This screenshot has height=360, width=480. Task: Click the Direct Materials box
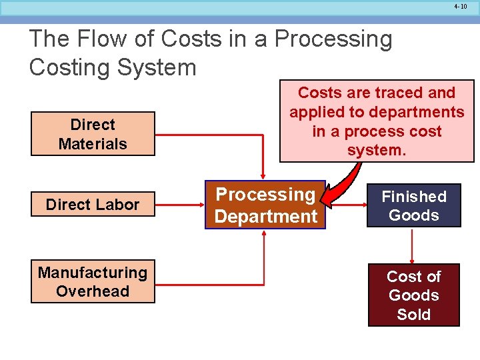pos(93,133)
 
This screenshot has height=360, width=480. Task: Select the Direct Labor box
pos(93,205)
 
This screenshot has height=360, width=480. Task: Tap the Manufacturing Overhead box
pos(93,281)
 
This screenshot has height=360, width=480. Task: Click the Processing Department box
pos(265,205)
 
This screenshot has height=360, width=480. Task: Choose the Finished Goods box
pos(413,205)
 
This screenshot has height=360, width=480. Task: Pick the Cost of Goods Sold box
pos(413,295)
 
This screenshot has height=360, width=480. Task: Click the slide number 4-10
pos(460,6)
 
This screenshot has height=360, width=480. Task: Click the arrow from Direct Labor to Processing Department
pos(180,205)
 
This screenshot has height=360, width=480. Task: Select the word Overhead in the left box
pos(93,291)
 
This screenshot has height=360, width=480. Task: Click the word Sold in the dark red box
pos(413,315)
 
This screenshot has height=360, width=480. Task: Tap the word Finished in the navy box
pos(413,197)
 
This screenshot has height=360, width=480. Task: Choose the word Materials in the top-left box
pos(93,143)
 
